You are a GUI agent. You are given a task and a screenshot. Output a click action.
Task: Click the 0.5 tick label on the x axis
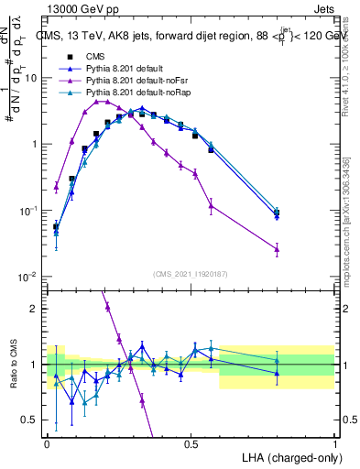click(191, 443)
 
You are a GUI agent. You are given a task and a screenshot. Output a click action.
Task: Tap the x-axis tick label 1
click(335, 443)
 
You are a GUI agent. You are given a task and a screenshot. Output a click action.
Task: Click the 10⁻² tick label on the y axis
click(29, 277)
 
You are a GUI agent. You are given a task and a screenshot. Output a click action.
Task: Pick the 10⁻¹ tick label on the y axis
click(29, 211)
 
